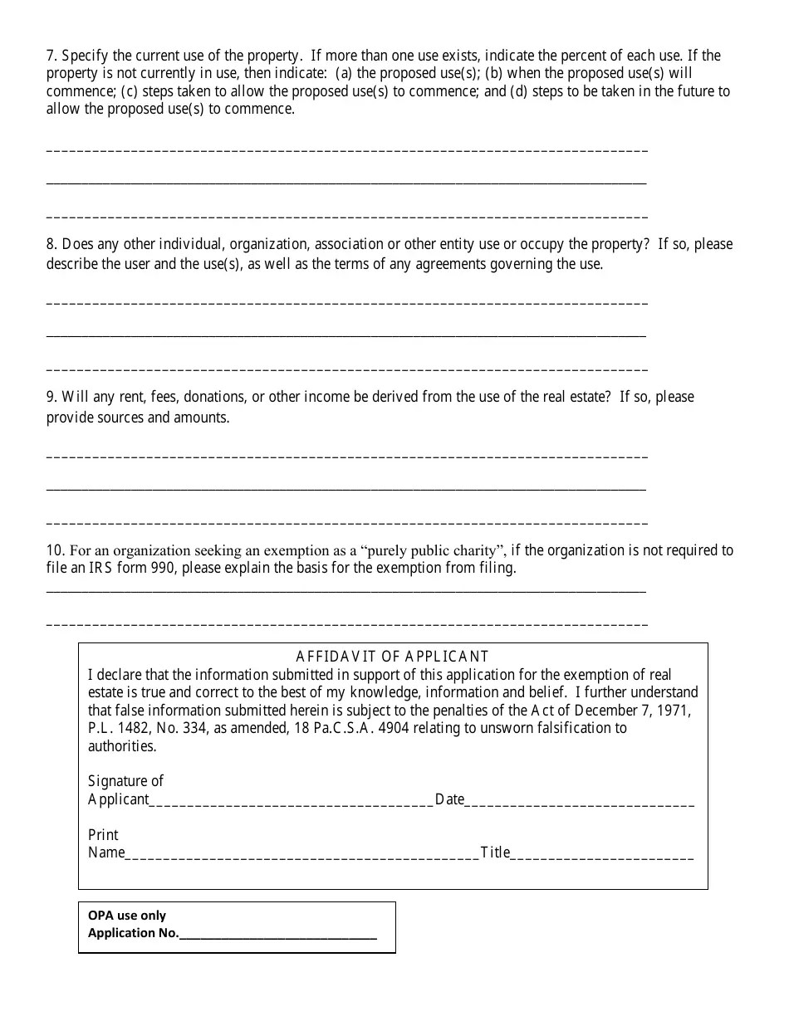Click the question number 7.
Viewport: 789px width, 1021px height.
click(x=50, y=56)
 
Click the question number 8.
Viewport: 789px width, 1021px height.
click(x=50, y=244)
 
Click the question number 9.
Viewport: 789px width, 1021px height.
click(x=50, y=397)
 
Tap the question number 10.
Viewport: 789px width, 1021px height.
click(x=54, y=550)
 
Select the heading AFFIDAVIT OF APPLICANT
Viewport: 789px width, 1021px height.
click(x=392, y=657)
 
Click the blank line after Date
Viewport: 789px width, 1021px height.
click(x=579, y=800)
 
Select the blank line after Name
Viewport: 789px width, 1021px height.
click(x=301, y=853)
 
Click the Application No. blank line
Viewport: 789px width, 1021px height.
click(x=277, y=934)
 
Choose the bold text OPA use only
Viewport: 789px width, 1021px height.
click(x=127, y=916)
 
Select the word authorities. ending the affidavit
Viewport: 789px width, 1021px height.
click(x=122, y=746)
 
